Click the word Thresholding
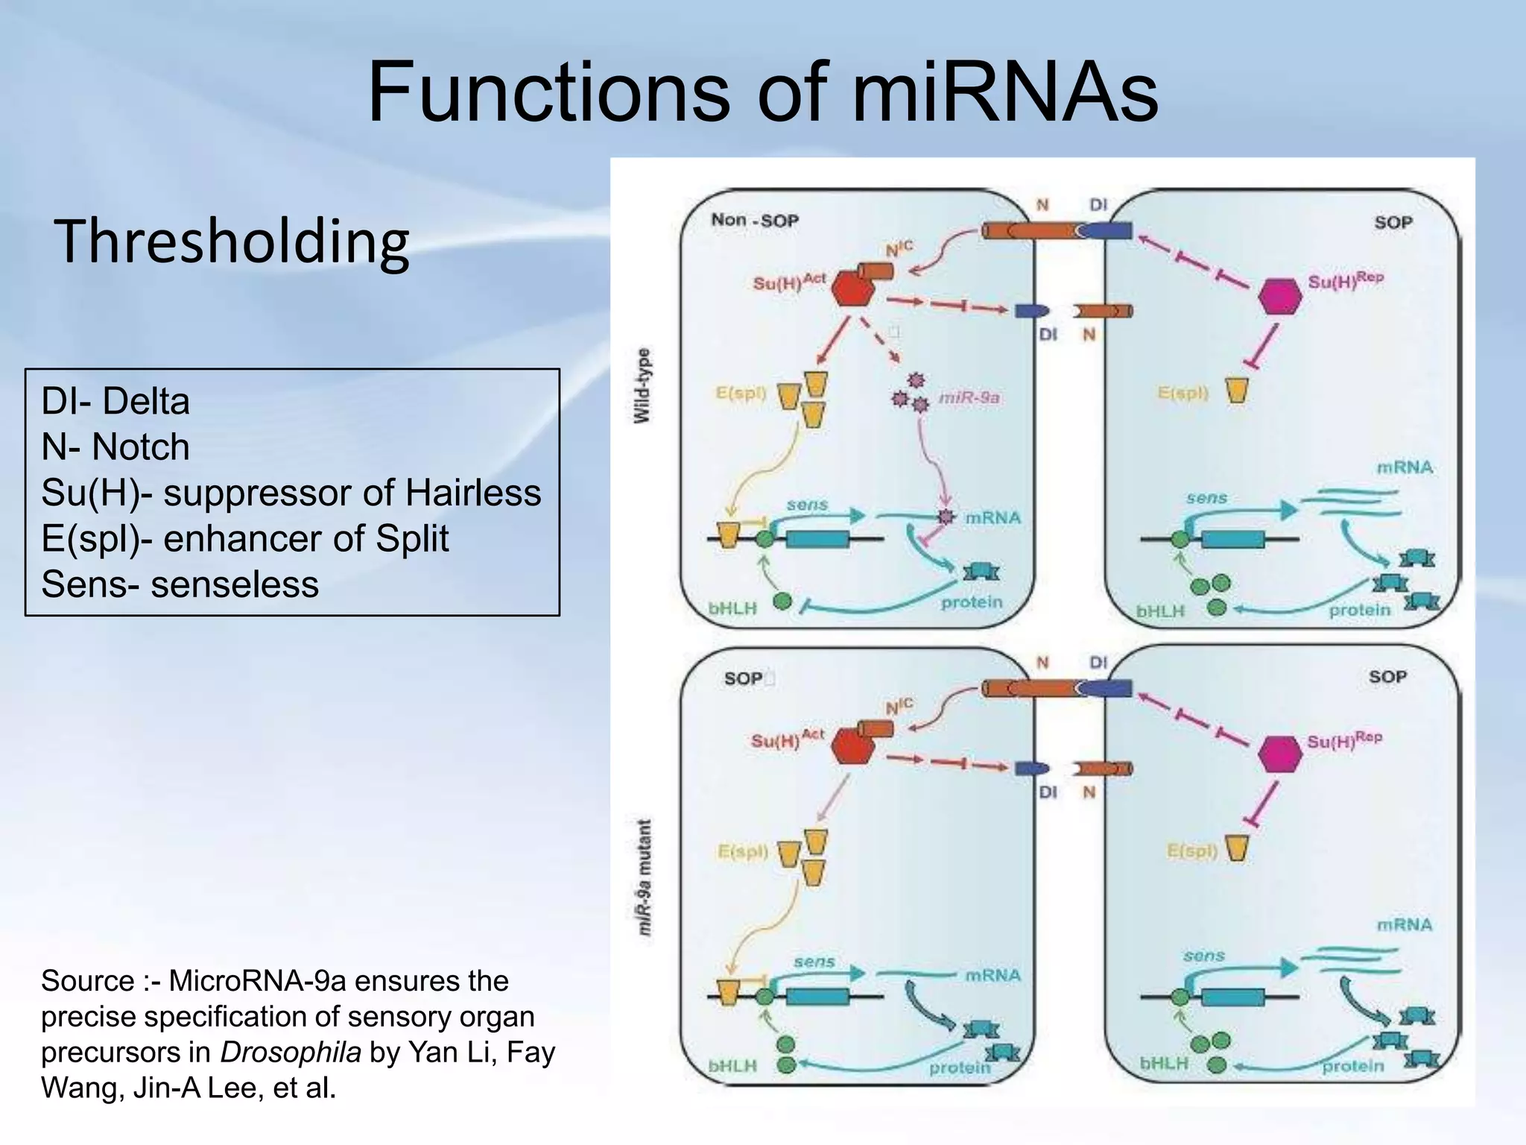[x=231, y=242]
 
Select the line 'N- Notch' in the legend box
[x=115, y=447]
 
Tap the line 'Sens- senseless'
[x=180, y=584]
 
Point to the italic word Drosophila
[x=290, y=1052]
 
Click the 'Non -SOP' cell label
[x=754, y=220]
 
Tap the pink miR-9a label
[x=969, y=397]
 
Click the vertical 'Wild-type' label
[x=642, y=385]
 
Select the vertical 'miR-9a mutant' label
[x=645, y=878]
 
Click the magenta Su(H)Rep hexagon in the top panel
[x=1279, y=297]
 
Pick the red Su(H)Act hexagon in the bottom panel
[x=852, y=746]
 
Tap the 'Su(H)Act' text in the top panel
[x=788, y=282]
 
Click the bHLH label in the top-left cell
[x=732, y=608]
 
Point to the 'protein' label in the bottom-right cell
[x=1352, y=1066]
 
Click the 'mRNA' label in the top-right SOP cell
[x=1404, y=467]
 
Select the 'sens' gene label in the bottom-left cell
[x=814, y=962]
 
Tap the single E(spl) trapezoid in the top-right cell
[x=1237, y=389]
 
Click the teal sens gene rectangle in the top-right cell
[x=1232, y=538]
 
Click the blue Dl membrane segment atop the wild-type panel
[x=1106, y=231]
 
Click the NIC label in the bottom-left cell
[x=899, y=705]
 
